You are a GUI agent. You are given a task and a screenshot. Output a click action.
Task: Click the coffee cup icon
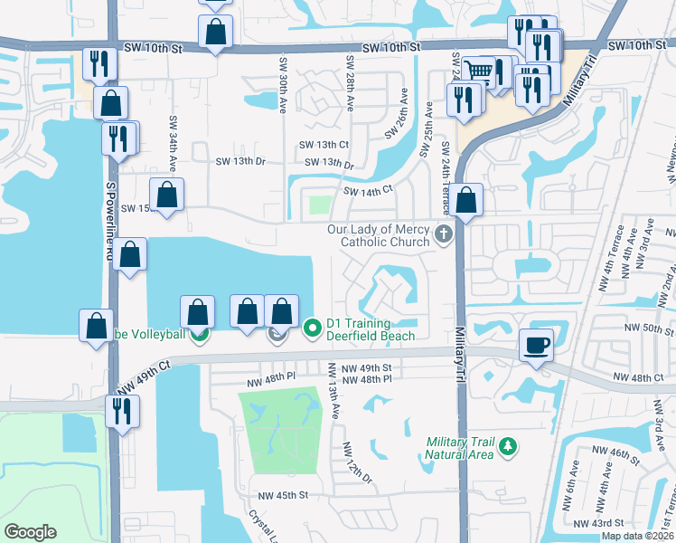[x=536, y=344]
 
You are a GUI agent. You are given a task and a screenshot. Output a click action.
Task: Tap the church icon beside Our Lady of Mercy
[x=443, y=234]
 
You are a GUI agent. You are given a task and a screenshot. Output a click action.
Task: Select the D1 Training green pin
[x=313, y=328]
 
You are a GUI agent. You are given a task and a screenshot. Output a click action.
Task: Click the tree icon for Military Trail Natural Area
[x=508, y=445]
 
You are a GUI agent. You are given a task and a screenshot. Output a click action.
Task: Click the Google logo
[x=30, y=531]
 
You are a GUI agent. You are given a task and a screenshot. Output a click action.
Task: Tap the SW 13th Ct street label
[x=324, y=145]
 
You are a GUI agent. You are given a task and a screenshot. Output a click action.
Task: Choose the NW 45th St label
[x=283, y=495]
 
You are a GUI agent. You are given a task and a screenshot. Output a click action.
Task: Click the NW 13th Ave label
[x=333, y=399]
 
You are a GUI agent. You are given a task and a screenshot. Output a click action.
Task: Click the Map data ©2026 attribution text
[x=638, y=536]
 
